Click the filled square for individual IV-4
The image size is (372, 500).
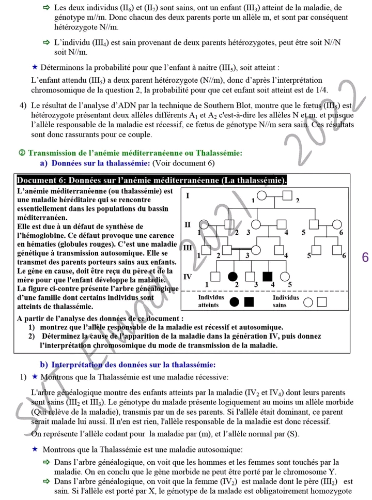pyautogui.click(x=267, y=278)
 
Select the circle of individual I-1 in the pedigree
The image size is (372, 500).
pyautogui.click(x=262, y=196)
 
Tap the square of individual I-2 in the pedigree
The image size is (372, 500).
pyautogui.click(x=288, y=196)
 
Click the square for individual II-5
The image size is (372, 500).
pyautogui.click(x=314, y=225)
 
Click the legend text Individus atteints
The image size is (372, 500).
pyautogui.click(x=211, y=301)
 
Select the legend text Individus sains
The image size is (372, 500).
pyautogui.click(x=286, y=301)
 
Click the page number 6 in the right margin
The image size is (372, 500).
pyautogui.click(x=365, y=257)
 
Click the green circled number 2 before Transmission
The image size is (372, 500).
pyautogui.click(x=22, y=153)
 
